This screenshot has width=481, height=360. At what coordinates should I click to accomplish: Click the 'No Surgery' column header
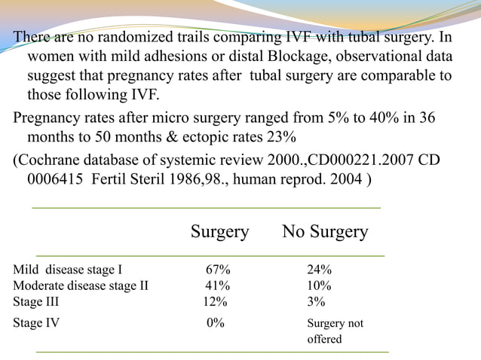click(x=325, y=232)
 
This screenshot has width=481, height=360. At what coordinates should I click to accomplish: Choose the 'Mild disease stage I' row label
click(x=67, y=270)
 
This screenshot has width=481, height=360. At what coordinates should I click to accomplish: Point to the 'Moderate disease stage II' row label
click(x=81, y=285)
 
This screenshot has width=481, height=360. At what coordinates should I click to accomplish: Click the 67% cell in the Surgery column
click(x=219, y=270)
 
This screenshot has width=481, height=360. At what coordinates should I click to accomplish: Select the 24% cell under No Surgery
click(x=319, y=270)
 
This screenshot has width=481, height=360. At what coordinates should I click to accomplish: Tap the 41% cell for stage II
click(x=219, y=285)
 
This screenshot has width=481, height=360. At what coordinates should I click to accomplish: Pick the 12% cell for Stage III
click(x=215, y=301)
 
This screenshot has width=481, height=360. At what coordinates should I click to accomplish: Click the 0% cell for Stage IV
click(x=216, y=323)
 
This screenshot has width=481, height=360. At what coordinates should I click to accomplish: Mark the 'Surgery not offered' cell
click(x=335, y=331)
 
